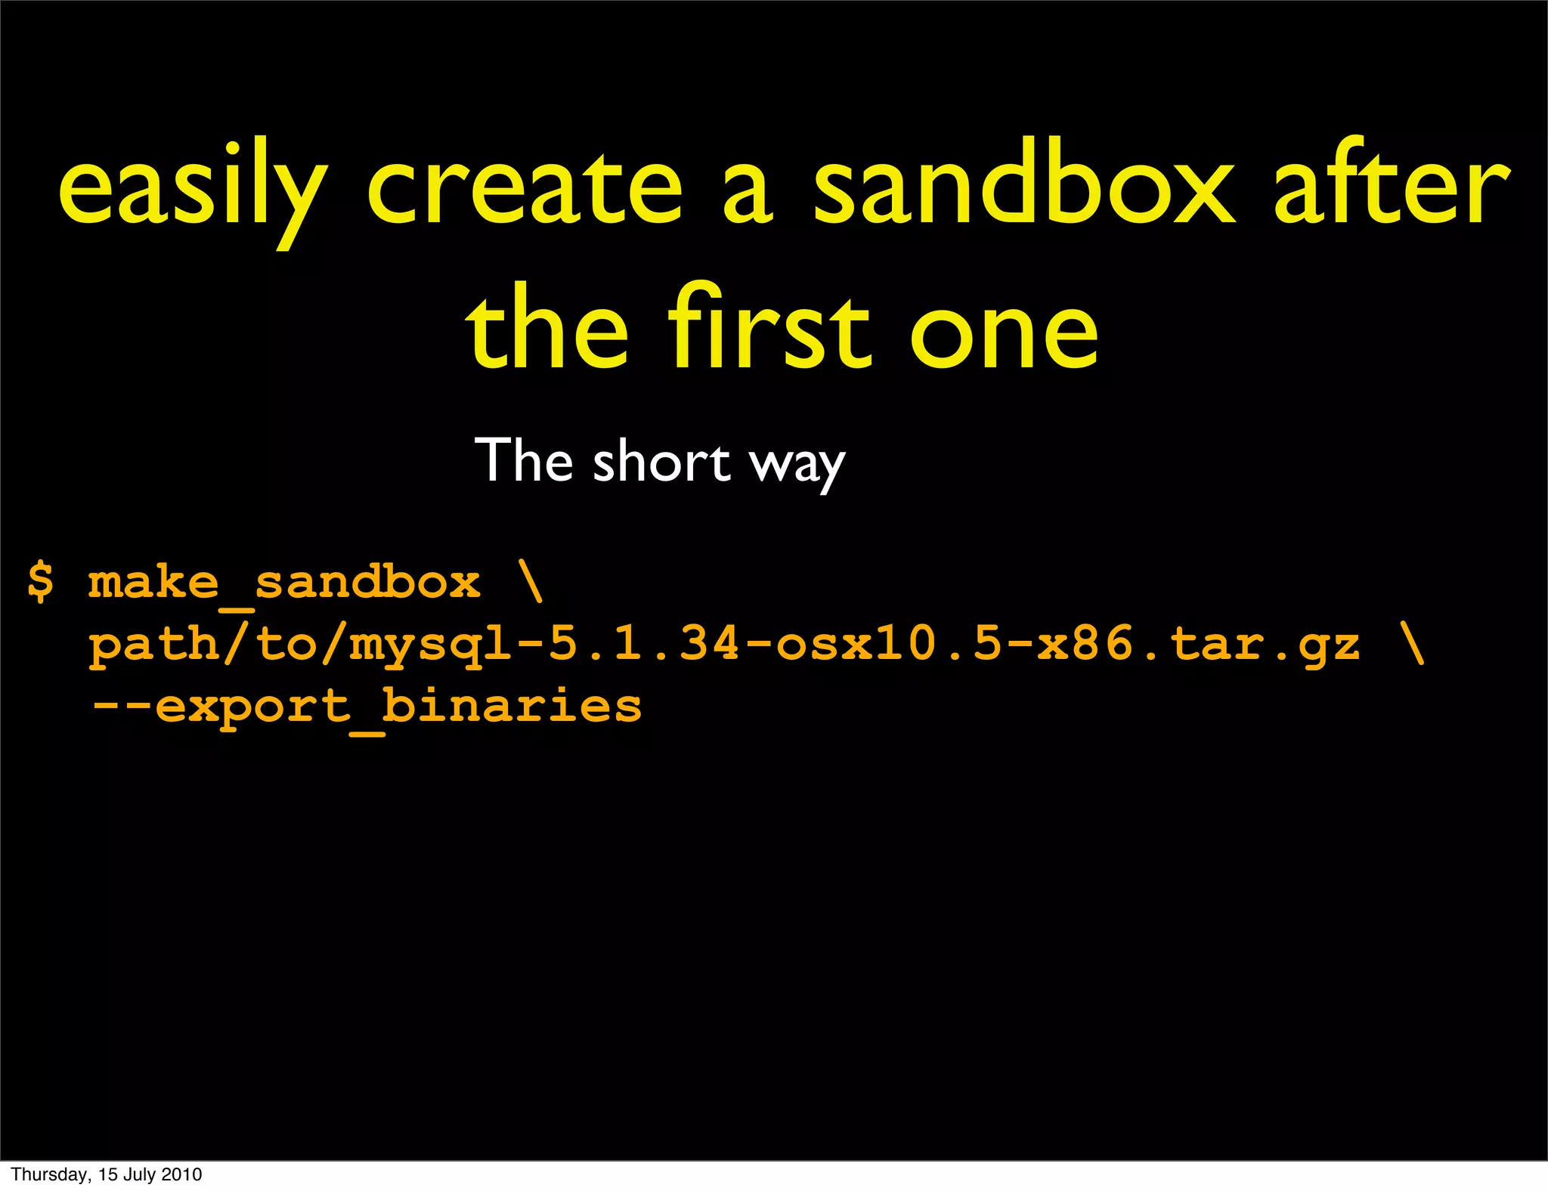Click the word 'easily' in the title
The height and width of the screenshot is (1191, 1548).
[193, 189]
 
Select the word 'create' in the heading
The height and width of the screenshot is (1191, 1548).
[525, 189]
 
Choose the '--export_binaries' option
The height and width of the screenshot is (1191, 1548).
[366, 707]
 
